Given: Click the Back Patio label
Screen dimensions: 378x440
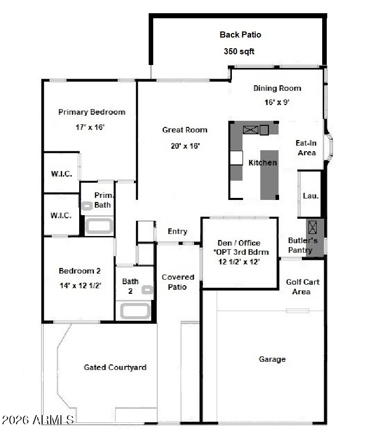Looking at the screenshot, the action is (240, 35).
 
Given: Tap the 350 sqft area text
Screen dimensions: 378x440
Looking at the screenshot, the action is (239, 51).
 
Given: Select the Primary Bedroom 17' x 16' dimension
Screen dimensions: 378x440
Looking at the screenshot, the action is (90, 127).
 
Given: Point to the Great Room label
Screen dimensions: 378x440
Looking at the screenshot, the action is (185, 129).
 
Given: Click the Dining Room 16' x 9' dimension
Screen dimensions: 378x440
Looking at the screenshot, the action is (277, 102).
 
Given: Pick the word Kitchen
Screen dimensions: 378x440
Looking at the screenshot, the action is (263, 162).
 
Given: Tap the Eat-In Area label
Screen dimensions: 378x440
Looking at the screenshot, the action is (306, 148).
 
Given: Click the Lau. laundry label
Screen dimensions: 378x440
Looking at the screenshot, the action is (311, 195).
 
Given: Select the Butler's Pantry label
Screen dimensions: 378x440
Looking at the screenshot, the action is (302, 245).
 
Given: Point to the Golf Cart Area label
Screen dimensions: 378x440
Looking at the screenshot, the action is (302, 287).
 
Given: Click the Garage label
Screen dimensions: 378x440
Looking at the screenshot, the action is (272, 359).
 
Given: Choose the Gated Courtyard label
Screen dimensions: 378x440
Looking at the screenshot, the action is (115, 367).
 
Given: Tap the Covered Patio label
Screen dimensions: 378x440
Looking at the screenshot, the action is (178, 282).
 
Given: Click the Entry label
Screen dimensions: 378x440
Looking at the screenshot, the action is (178, 231).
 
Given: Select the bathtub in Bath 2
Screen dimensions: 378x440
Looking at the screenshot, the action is (135, 311).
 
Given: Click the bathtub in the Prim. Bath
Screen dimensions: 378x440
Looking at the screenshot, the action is (99, 226).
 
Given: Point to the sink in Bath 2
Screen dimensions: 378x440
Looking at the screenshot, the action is (147, 290).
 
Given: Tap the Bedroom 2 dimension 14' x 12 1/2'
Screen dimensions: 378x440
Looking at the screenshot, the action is (80, 286).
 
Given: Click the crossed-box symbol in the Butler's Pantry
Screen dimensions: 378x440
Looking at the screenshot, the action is (313, 227).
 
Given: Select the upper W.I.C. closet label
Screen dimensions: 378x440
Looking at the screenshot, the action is (61, 174).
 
